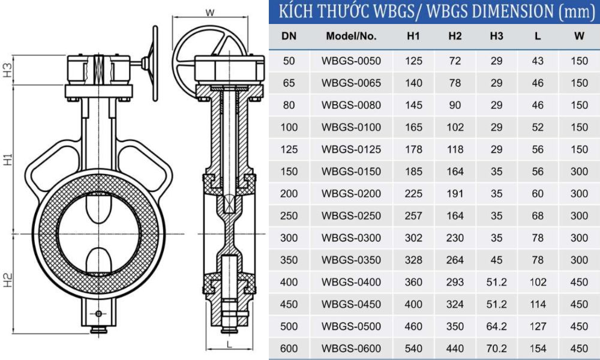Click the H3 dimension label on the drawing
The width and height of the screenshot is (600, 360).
[7, 70]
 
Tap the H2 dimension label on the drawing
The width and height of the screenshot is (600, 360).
[7, 280]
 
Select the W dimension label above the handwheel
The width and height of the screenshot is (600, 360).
[209, 11]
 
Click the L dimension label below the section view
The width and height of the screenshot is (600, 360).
[229, 344]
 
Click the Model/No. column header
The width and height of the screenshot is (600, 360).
[351, 36]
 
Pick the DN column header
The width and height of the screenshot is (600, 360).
[289, 36]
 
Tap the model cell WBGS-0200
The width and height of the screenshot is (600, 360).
[351, 194]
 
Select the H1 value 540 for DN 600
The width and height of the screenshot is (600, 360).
[413, 349]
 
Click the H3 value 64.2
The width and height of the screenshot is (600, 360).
[496, 326]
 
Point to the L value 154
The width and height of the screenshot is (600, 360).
[538, 349]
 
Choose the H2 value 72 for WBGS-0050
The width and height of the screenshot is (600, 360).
[455, 61]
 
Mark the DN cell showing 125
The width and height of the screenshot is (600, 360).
[289, 149]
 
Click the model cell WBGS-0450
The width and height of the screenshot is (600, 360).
[351, 304]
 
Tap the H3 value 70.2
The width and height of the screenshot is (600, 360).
[496, 349]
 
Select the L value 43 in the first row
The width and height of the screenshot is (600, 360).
[538, 61]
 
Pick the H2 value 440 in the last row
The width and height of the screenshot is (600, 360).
[455, 349]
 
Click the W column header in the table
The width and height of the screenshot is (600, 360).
[579, 36]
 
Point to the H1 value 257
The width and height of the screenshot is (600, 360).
[413, 216]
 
